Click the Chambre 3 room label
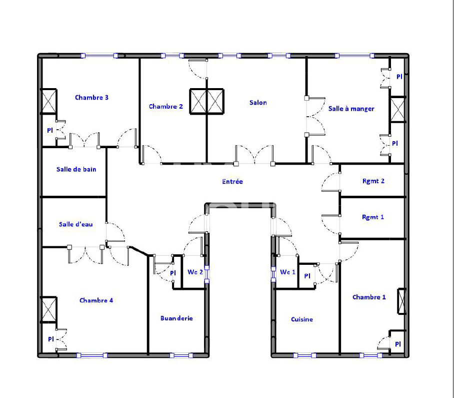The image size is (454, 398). tap(91, 98)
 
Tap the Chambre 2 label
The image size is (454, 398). tap(166, 107)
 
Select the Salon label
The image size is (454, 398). tap(258, 103)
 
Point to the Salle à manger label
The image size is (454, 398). tap(351, 109)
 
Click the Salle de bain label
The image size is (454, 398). tap(76, 170)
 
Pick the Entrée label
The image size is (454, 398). tap(232, 182)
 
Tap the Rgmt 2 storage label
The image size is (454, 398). tap(373, 181)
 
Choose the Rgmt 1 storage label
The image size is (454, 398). tap(373, 217)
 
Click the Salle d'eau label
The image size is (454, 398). tap(75, 224)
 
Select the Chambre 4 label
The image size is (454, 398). tap(96, 300)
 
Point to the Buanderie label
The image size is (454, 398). tap(176, 318)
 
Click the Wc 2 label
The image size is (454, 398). tap(195, 273)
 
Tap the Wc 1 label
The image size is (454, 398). tap(287, 272)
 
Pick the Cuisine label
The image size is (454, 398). tap(302, 319)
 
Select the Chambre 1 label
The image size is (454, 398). tap(369, 297)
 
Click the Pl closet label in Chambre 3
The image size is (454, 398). tap(50, 130)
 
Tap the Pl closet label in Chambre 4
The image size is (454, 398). tap(51, 339)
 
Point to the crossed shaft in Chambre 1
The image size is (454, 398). tap(401, 301)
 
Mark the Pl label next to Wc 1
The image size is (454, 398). tap(307, 276)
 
